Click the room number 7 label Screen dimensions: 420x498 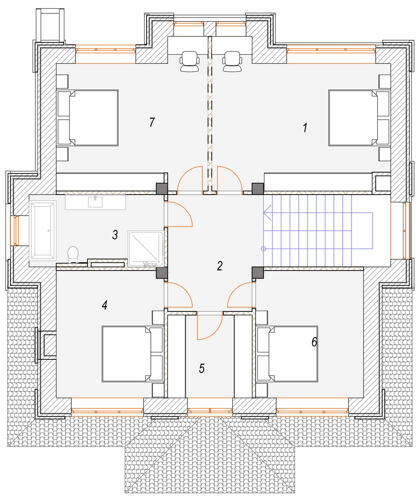tap(152, 122)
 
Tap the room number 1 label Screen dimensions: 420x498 tap(305, 128)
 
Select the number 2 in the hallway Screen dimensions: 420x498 tap(220, 266)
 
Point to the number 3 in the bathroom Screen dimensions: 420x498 tap(115, 235)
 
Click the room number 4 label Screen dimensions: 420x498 tap(104, 305)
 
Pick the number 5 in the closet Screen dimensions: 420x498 tap(202, 369)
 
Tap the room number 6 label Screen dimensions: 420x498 tap(314, 342)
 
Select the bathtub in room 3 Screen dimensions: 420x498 tap(43, 231)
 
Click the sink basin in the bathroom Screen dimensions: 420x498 tap(95, 202)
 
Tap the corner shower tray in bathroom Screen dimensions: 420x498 tap(146, 248)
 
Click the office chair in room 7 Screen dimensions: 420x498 tap(189, 61)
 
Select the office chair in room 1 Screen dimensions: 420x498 tap(232, 61)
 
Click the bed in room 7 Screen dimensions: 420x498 tap(88, 118)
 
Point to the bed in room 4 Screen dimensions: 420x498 tap(133, 354)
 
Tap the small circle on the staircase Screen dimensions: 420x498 tap(264, 249)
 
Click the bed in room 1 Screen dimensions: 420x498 tap(359, 118)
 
